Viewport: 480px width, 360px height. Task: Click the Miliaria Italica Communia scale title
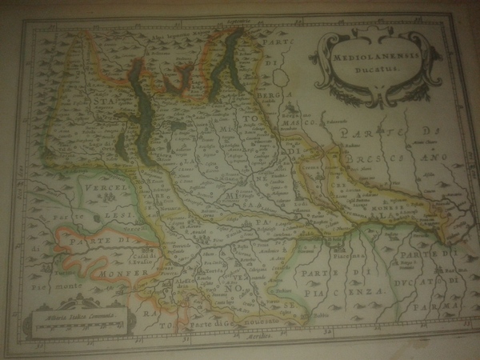76,318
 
